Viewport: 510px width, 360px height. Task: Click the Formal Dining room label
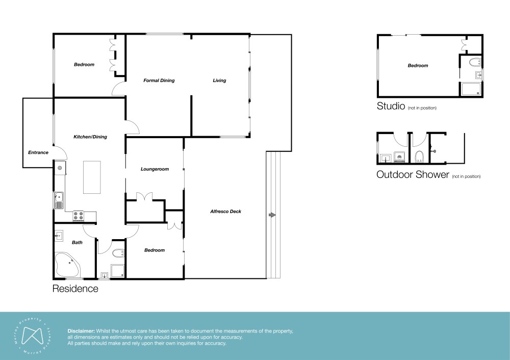coord(159,81)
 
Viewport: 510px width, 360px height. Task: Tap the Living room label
coord(219,81)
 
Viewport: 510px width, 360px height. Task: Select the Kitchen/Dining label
coord(90,137)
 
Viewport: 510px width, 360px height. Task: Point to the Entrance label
coord(38,152)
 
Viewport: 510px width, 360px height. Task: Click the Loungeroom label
coord(155,169)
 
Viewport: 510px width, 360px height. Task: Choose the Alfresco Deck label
coord(226,212)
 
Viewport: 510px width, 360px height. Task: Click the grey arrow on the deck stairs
coord(272,215)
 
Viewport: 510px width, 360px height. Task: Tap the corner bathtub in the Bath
coord(67,264)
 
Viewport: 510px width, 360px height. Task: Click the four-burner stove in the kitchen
coord(79,216)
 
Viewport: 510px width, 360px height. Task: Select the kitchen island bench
coord(92,177)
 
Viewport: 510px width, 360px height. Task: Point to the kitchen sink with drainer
coord(59,200)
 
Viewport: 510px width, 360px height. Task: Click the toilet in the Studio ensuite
coord(475,62)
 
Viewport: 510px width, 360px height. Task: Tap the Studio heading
coord(391,106)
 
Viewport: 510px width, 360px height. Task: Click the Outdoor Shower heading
coord(413,174)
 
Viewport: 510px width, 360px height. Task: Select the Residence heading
coord(75,289)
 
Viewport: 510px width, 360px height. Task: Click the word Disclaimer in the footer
coord(81,331)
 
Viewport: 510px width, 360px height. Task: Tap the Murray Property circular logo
coord(33,336)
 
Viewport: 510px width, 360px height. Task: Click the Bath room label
coord(77,242)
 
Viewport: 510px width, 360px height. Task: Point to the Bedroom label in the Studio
coord(418,65)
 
